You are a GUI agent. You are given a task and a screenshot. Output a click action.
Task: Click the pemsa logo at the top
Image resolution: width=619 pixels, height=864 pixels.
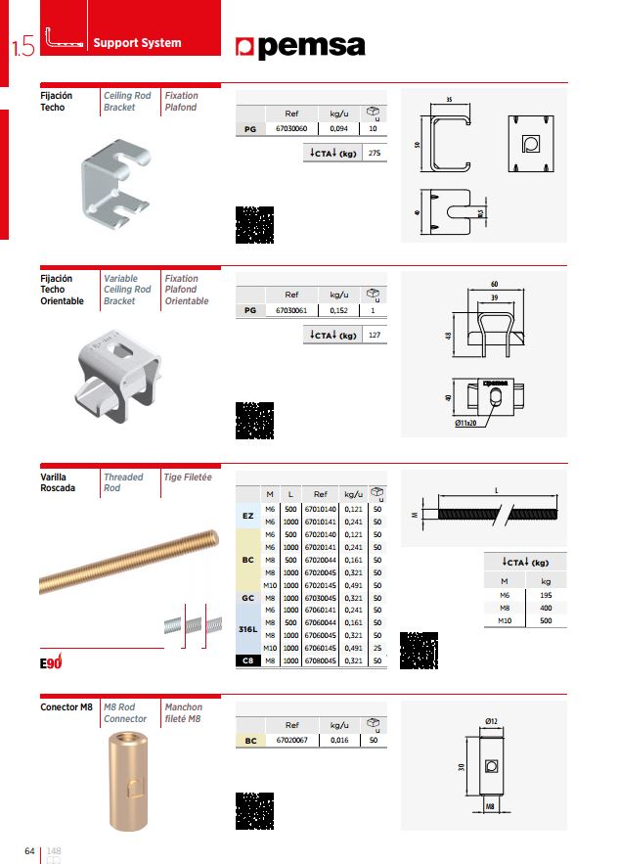(301, 47)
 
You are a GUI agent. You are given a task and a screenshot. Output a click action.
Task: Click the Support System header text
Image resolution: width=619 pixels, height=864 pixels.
(136, 43)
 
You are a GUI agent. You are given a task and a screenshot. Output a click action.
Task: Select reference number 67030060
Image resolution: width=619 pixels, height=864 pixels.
(291, 128)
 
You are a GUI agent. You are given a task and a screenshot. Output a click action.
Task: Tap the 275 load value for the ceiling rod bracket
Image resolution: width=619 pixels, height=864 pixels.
(374, 154)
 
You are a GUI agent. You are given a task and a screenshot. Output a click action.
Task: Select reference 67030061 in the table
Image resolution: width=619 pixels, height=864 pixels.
(291, 310)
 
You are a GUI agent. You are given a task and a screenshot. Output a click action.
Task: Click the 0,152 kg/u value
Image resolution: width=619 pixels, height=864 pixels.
(339, 310)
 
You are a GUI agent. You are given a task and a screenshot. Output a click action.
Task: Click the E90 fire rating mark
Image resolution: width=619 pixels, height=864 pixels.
(51, 662)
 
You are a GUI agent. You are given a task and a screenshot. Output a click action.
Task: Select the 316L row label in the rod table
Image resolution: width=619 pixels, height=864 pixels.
(247, 629)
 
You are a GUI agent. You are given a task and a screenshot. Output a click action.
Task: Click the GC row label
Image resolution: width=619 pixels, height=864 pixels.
(247, 597)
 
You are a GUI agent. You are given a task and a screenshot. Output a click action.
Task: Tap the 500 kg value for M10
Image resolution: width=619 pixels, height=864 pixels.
(546, 620)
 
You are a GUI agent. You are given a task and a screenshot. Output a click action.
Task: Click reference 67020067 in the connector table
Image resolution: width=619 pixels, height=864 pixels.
(291, 741)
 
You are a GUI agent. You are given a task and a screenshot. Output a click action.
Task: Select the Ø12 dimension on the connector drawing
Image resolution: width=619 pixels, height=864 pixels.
(491, 721)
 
